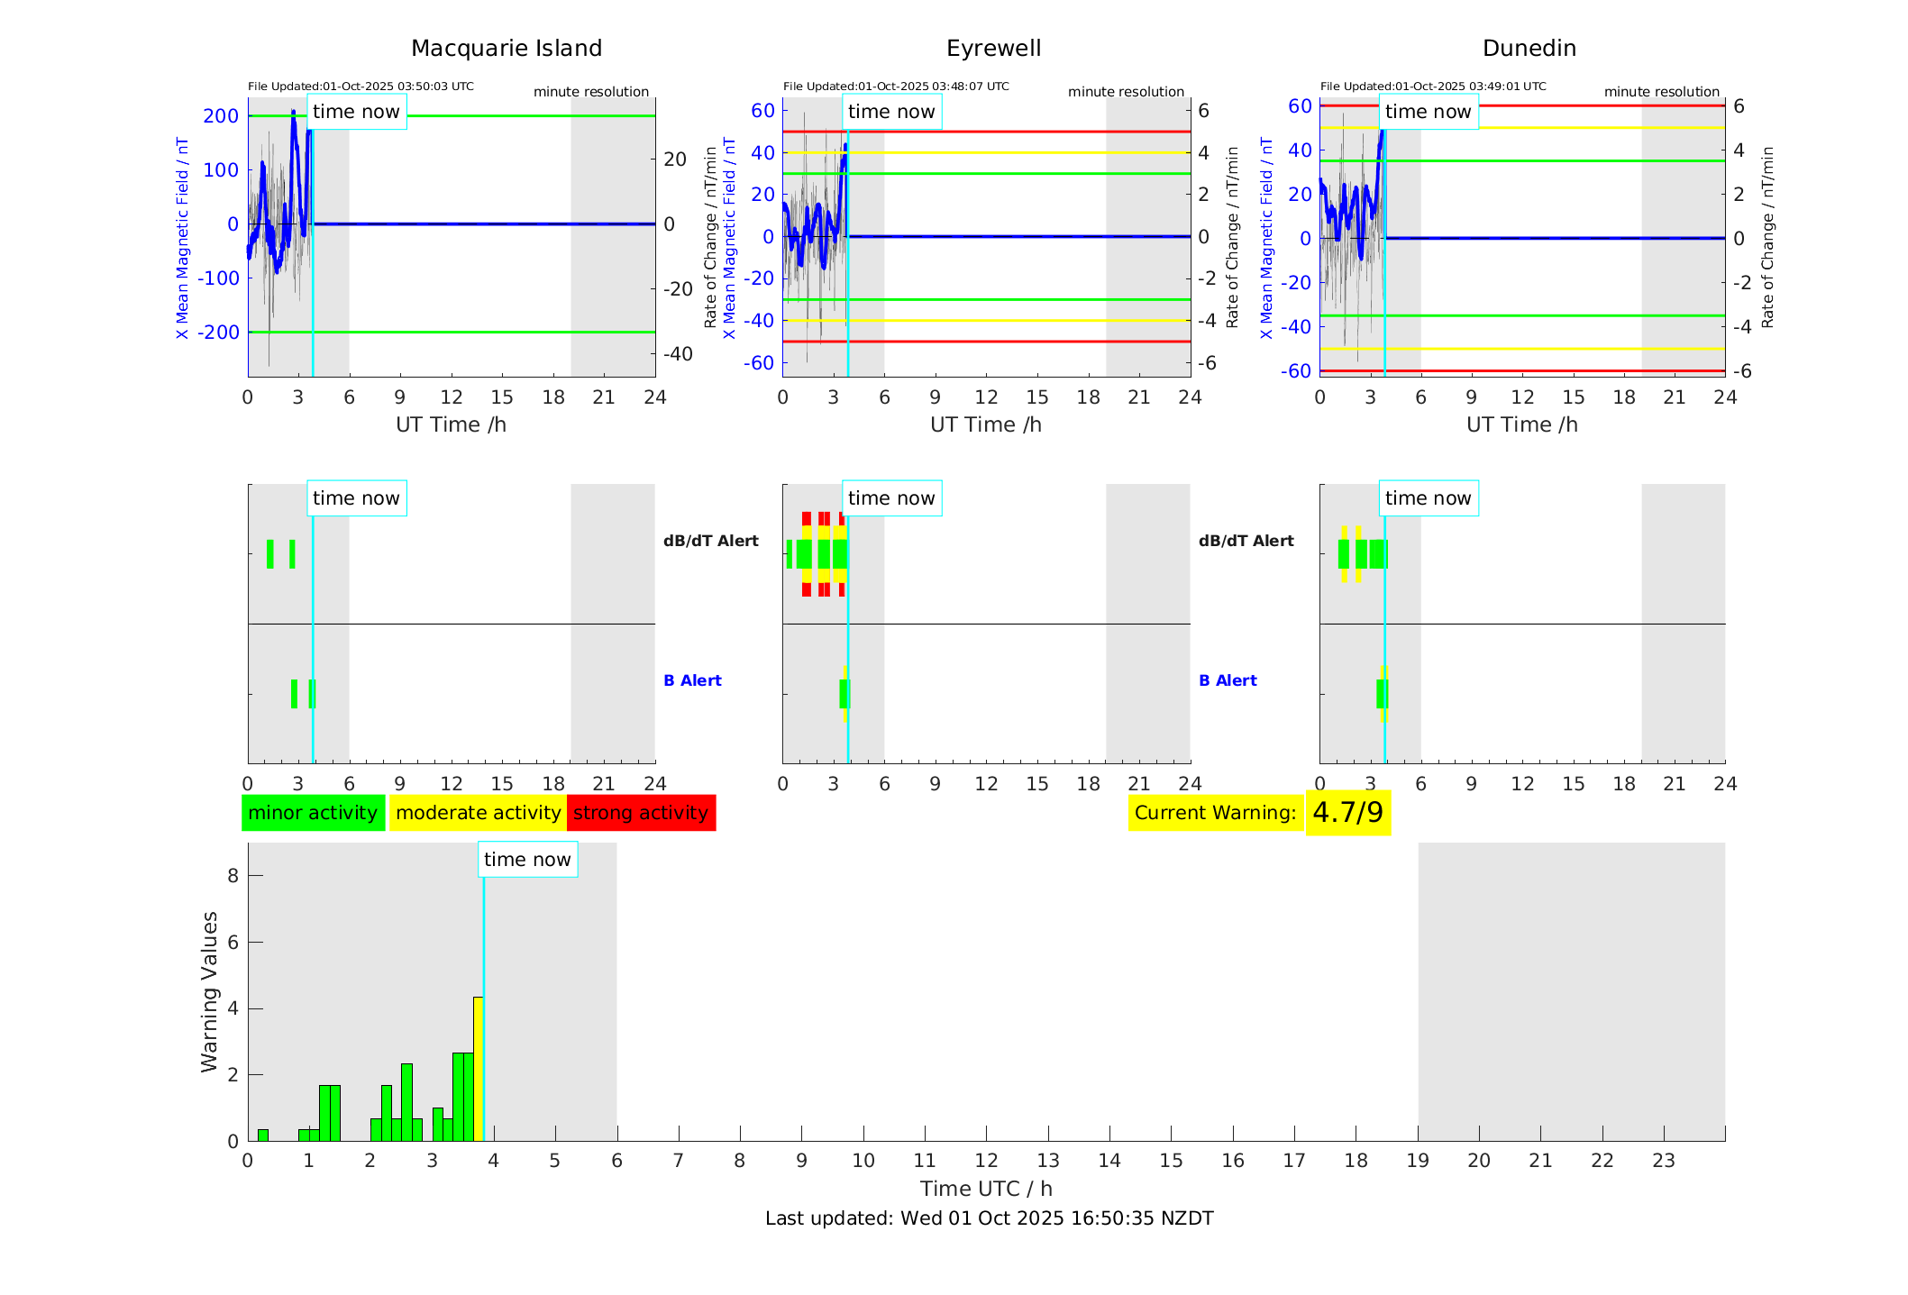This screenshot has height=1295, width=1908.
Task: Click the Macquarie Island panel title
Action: [507, 49]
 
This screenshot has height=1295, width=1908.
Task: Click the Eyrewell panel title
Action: [993, 49]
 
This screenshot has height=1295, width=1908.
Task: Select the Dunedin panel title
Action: [1529, 49]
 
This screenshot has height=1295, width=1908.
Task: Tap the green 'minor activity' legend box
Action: [313, 813]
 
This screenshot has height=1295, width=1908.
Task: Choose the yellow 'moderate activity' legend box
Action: [478, 813]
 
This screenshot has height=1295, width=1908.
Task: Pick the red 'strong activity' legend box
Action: [641, 813]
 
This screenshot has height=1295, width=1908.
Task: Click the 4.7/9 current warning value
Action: [1347, 813]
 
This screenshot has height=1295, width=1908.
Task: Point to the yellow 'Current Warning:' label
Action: [1215, 813]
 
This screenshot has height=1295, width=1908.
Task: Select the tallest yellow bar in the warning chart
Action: [479, 1068]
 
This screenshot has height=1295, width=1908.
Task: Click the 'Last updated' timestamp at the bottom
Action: [989, 1218]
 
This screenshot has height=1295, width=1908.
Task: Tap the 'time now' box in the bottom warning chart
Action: [527, 860]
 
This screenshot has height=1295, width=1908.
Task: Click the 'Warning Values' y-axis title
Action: [210, 991]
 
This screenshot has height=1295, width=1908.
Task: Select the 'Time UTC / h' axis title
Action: [986, 1189]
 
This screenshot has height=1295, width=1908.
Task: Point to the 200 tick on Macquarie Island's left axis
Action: [221, 116]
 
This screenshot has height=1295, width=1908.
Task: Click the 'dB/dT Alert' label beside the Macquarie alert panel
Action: [710, 541]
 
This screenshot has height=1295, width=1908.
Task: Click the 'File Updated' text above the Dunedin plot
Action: [1433, 87]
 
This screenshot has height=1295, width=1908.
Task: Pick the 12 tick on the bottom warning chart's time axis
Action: [986, 1161]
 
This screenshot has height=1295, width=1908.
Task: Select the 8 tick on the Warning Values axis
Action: [233, 876]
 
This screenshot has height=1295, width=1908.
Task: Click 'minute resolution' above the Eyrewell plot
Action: [1126, 92]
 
